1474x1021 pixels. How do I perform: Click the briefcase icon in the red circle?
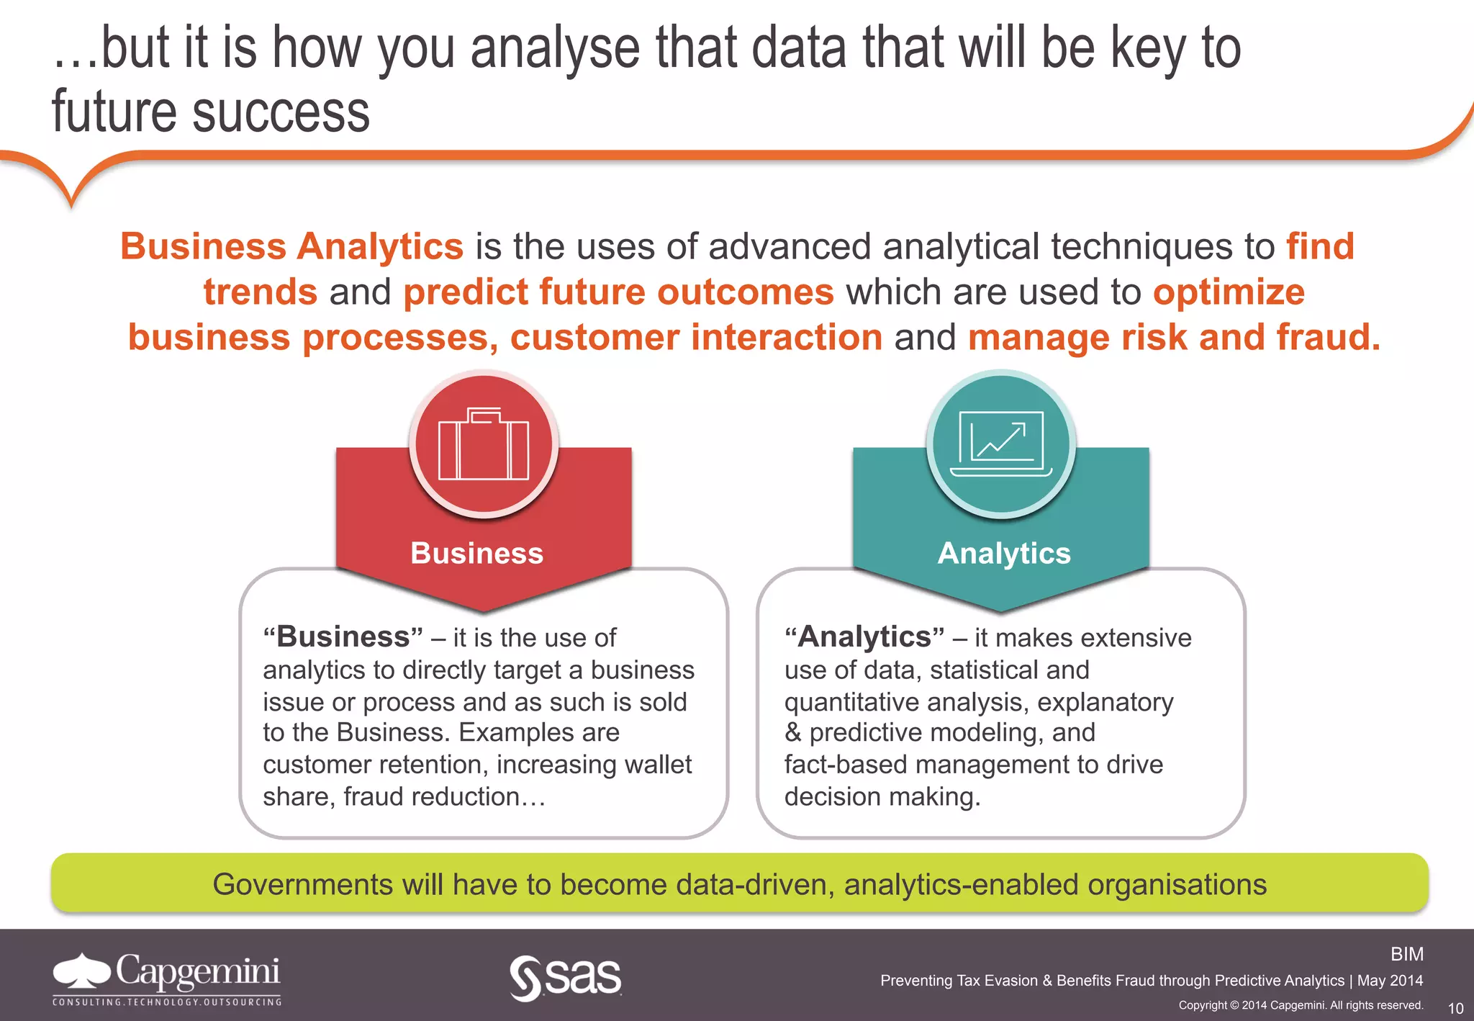[484, 445]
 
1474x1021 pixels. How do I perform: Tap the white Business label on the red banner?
[476, 553]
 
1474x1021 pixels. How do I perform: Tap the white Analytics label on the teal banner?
[1004, 553]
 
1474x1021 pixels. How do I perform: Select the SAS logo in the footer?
[566, 978]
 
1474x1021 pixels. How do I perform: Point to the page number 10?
[1455, 1008]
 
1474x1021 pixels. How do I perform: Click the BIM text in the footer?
[1406, 954]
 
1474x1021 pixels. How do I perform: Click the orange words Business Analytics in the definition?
[291, 246]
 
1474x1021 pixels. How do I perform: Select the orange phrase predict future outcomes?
[618, 292]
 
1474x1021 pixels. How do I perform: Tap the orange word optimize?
[1229, 292]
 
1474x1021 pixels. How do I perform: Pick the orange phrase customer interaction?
[696, 337]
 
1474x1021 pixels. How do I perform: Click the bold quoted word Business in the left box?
[343, 637]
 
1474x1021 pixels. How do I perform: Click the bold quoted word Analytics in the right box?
[864, 637]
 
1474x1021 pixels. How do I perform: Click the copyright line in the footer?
[1301, 1005]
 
